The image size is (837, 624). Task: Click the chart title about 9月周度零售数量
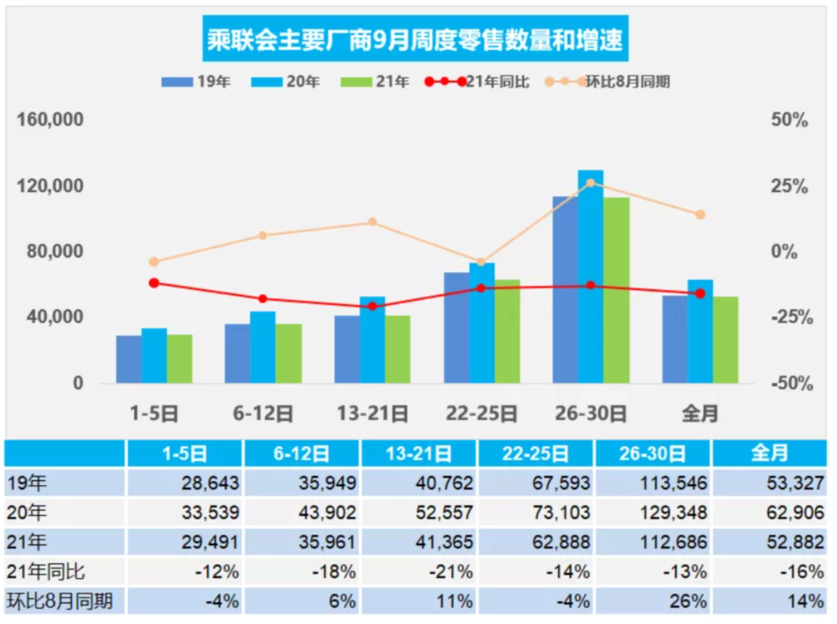pyautogui.click(x=416, y=39)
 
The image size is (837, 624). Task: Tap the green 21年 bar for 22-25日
pyautogui.click(x=507, y=331)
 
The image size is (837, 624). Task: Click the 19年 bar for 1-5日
pyautogui.click(x=129, y=359)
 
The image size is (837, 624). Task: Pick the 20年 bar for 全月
pyautogui.click(x=700, y=331)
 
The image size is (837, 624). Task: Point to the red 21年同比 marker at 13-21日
pyautogui.click(x=372, y=306)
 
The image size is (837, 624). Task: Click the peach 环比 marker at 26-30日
pyautogui.click(x=591, y=183)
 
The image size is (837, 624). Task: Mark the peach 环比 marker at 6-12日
pyautogui.click(x=263, y=235)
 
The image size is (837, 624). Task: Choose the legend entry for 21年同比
pyautogui.click(x=477, y=82)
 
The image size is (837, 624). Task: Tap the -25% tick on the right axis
pyautogui.click(x=792, y=318)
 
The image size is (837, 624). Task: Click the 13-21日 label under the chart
pyautogui.click(x=372, y=414)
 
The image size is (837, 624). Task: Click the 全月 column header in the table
pyautogui.click(x=770, y=453)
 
